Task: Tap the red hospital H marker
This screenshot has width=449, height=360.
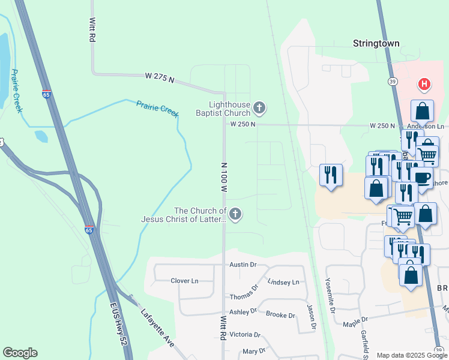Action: click(x=424, y=85)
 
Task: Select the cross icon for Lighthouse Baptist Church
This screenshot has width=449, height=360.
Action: click(x=259, y=109)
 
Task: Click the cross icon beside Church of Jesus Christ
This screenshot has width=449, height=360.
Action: click(x=235, y=214)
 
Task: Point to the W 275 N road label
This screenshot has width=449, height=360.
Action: click(x=159, y=78)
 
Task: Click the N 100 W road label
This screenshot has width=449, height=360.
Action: click(x=224, y=177)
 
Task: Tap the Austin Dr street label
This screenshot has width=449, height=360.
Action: click(x=243, y=265)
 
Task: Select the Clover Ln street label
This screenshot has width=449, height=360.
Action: click(x=184, y=281)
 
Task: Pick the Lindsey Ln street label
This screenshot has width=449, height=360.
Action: click(x=283, y=282)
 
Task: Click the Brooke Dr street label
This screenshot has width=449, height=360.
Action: click(x=280, y=315)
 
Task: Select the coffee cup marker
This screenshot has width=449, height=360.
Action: click(x=421, y=177)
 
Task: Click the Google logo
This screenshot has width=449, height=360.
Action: click(x=20, y=353)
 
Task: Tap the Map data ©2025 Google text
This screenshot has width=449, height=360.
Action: click(x=411, y=355)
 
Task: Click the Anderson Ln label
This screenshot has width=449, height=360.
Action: click(x=425, y=126)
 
